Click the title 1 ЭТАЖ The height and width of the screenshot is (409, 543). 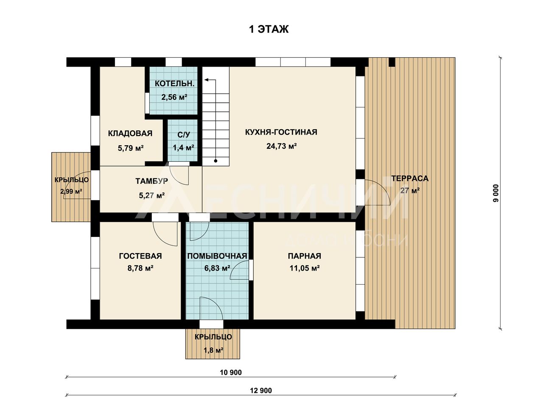click(269, 29)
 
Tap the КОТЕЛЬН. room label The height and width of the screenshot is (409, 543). click(174, 84)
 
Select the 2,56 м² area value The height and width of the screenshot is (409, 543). click(174, 97)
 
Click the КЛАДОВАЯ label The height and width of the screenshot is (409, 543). click(130, 133)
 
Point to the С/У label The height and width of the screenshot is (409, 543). click(184, 135)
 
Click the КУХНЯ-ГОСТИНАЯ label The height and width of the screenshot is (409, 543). click(281, 132)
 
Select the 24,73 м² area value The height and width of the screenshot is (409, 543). click(282, 146)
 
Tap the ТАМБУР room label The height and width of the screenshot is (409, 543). click(151, 181)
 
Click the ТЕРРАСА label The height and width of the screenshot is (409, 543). click(410, 178)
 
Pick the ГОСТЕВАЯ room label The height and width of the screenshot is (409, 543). click(140, 256)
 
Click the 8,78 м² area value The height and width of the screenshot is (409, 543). click(140, 268)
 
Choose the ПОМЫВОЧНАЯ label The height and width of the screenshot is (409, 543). click(217, 256)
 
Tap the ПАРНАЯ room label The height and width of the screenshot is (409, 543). click(304, 256)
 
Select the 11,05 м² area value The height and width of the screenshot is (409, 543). click(305, 268)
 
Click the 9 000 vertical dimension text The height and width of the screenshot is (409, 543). click(496, 193)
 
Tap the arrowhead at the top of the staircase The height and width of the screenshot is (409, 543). click(207, 80)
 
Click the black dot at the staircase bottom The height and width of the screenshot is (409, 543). click(216, 161)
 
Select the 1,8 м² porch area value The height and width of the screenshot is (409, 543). click(213, 350)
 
